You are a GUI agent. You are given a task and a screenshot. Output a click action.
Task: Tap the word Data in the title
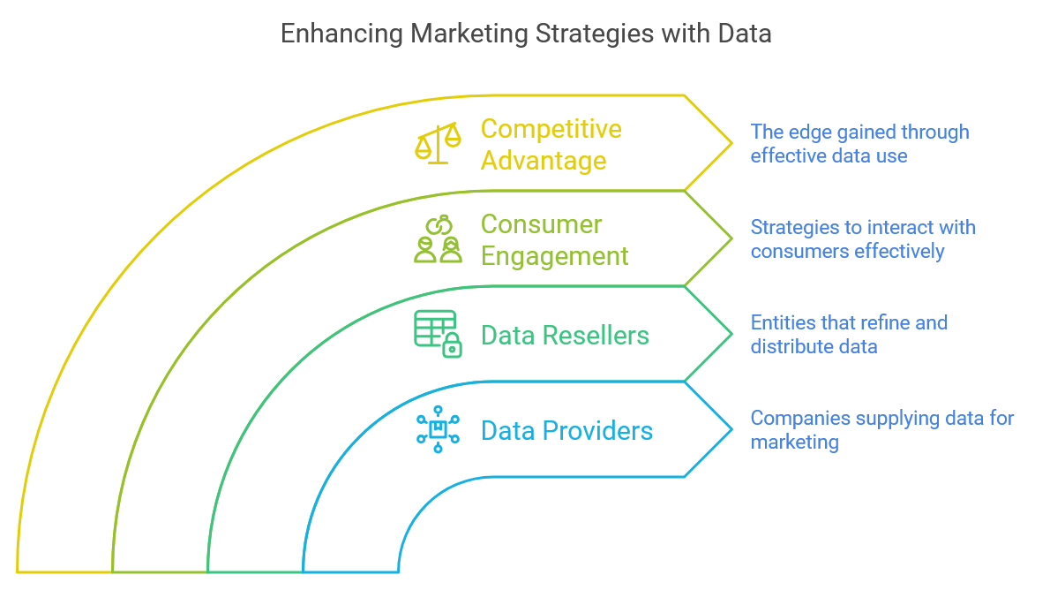(x=743, y=34)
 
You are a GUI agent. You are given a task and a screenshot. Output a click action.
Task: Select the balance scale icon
(x=438, y=143)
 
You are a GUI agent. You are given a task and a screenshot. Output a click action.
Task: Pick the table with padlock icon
(x=438, y=334)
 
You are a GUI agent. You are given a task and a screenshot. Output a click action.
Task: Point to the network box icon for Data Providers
(x=438, y=430)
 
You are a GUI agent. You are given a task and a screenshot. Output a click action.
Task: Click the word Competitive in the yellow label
(x=551, y=129)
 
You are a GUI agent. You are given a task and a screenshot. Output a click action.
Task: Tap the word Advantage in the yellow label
(x=544, y=161)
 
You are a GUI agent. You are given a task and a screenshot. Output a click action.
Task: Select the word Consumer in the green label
(x=542, y=224)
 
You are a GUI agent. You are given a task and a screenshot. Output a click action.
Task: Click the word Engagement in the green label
(x=554, y=256)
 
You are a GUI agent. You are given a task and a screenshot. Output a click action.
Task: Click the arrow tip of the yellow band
(x=731, y=143)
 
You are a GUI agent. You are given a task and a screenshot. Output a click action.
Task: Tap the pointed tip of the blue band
(x=731, y=430)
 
